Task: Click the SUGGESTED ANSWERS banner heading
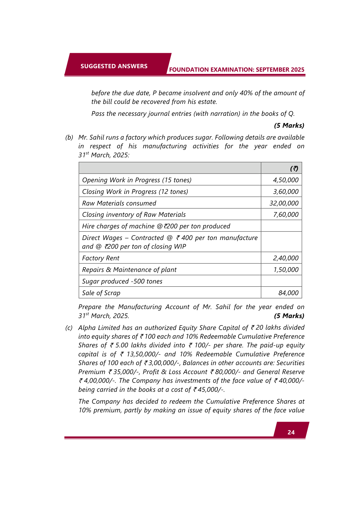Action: tap(114, 66)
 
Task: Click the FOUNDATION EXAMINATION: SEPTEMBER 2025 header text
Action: tap(237, 70)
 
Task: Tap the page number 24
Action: tap(291, 432)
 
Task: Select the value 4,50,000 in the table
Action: tap(285, 180)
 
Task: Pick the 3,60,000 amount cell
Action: tap(285, 192)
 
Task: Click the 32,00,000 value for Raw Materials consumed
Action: tap(284, 203)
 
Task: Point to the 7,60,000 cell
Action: tap(285, 214)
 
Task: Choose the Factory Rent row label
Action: tap(101, 258)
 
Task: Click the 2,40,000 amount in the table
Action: tap(285, 258)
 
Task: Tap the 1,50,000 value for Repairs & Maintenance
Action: tap(286, 270)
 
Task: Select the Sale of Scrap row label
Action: tap(101, 293)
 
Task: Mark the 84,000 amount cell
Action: tap(288, 293)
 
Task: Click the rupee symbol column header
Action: tap(294, 168)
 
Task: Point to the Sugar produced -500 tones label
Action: tap(122, 281)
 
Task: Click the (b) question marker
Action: tap(69, 137)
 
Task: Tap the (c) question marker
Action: tap(69, 328)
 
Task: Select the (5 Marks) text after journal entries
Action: tap(289, 125)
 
